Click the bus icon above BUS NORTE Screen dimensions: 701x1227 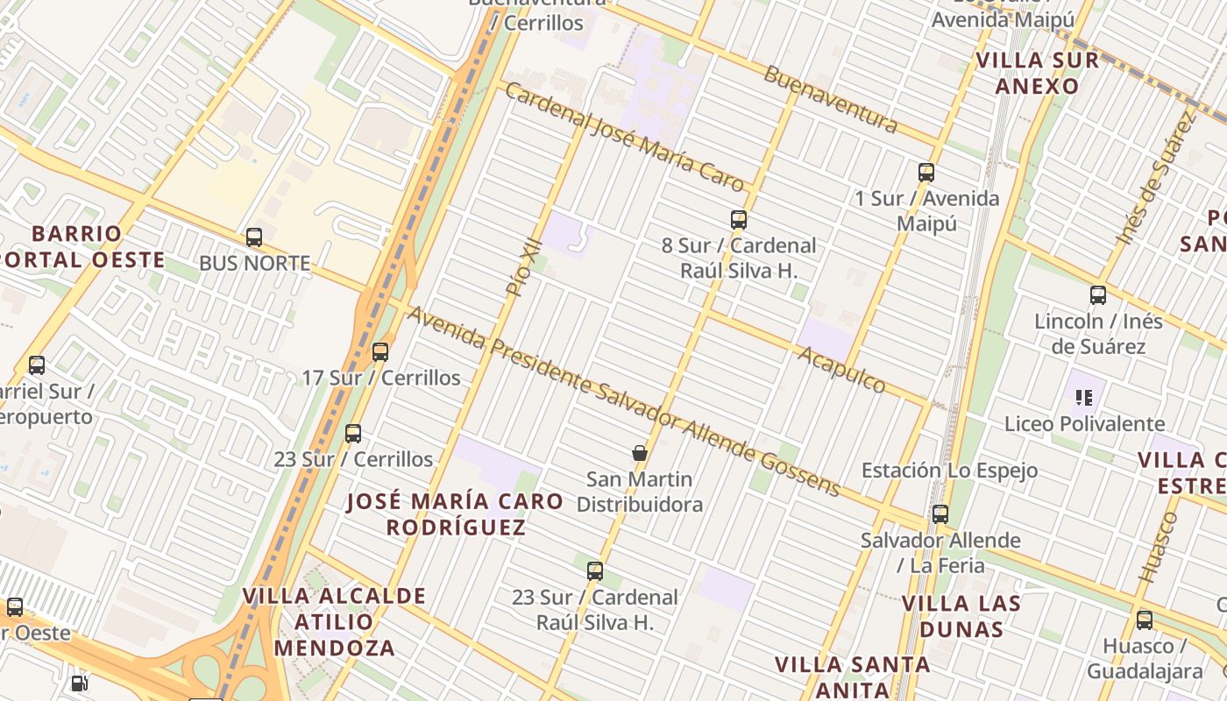[x=254, y=237]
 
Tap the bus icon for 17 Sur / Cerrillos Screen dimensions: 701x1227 [x=380, y=352]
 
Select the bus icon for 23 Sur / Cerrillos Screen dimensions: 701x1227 [x=353, y=434]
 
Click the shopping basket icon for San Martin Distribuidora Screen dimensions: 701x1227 [x=640, y=453]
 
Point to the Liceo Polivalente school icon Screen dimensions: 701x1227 [x=1084, y=398]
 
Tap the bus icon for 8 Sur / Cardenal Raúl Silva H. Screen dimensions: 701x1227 [x=739, y=220]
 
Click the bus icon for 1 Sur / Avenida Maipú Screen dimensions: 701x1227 [x=926, y=173]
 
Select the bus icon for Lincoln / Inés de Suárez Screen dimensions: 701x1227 [x=1098, y=295]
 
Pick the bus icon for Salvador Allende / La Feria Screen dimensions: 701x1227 [x=940, y=514]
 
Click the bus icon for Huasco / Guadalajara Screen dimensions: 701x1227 [x=1145, y=620]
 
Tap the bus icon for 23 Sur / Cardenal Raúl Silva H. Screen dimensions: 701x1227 [x=595, y=571]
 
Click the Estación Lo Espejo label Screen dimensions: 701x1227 [x=949, y=471]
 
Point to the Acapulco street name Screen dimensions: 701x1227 [x=841, y=369]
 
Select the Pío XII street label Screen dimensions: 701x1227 [x=525, y=268]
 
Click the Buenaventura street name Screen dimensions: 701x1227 [x=830, y=98]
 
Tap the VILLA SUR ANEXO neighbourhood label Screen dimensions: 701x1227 [x=1038, y=74]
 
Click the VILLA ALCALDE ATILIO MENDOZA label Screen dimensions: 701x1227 [x=334, y=622]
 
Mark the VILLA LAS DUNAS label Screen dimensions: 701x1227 [x=961, y=616]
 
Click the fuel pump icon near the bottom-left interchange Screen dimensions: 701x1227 [x=79, y=683]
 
